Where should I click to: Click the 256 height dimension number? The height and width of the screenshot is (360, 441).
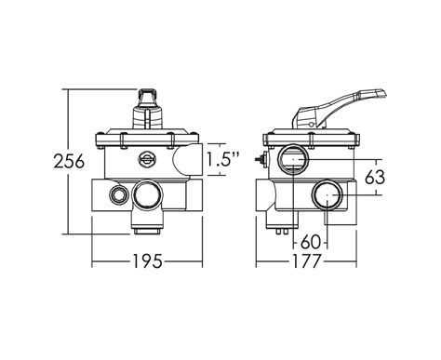tap(69, 161)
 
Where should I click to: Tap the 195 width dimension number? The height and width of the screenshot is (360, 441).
tap(148, 260)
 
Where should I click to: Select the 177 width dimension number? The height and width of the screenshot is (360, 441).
tap(305, 261)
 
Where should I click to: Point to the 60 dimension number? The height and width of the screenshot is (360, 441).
tap(311, 242)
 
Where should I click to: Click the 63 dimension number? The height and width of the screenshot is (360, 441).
tap(375, 178)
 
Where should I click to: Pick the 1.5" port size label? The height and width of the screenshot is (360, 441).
tap(223, 160)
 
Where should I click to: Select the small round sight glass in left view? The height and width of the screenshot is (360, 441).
tap(146, 159)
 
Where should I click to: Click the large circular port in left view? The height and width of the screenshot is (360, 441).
tap(148, 194)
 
